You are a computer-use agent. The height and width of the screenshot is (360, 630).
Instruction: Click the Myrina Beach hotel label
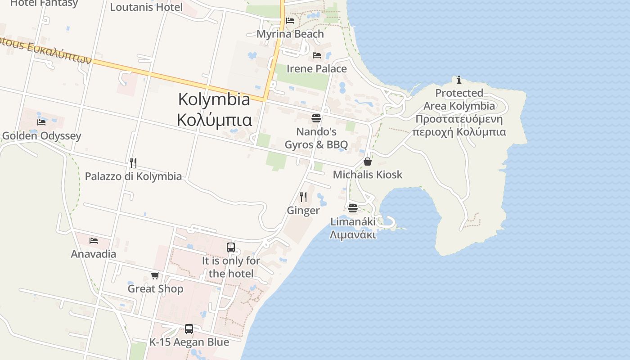(290, 34)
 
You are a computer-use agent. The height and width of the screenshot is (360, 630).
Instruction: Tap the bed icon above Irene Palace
(317, 55)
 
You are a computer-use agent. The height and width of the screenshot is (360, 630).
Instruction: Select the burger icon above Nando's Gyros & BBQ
(316, 118)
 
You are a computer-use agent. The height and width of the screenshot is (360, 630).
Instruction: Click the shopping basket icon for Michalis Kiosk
(368, 162)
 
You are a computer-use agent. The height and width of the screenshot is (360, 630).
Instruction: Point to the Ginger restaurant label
(303, 211)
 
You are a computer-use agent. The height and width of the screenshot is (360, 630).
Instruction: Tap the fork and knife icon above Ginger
(303, 197)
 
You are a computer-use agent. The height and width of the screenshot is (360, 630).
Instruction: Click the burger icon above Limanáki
(352, 208)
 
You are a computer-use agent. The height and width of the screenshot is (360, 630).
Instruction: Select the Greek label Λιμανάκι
(353, 234)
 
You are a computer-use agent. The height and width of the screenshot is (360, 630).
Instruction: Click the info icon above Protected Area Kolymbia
(459, 80)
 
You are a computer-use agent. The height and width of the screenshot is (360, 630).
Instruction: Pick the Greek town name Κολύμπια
(214, 120)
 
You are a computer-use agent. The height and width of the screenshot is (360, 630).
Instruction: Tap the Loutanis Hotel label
(146, 7)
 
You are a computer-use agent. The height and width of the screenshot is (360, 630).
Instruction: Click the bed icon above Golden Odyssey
(41, 122)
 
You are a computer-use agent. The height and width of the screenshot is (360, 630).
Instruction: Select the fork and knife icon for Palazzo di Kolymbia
(133, 162)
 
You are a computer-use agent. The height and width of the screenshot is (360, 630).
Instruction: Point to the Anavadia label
(94, 254)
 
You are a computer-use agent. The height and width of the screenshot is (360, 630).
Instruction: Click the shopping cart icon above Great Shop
(155, 275)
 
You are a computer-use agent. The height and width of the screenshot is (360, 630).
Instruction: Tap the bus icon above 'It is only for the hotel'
(231, 247)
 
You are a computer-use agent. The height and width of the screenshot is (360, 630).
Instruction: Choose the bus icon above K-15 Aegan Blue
(189, 329)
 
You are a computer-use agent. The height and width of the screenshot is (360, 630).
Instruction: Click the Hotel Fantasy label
(44, 3)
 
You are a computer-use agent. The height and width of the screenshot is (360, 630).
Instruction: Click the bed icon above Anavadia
(94, 241)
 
